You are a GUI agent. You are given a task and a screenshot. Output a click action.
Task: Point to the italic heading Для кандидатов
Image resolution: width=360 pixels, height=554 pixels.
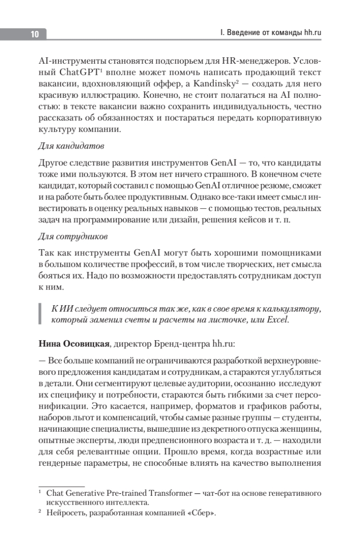click(x=71, y=146)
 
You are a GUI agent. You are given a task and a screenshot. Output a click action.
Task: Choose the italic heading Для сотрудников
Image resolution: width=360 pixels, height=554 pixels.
click(x=73, y=236)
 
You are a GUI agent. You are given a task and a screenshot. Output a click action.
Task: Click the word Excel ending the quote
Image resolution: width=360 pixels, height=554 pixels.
click(x=276, y=319)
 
